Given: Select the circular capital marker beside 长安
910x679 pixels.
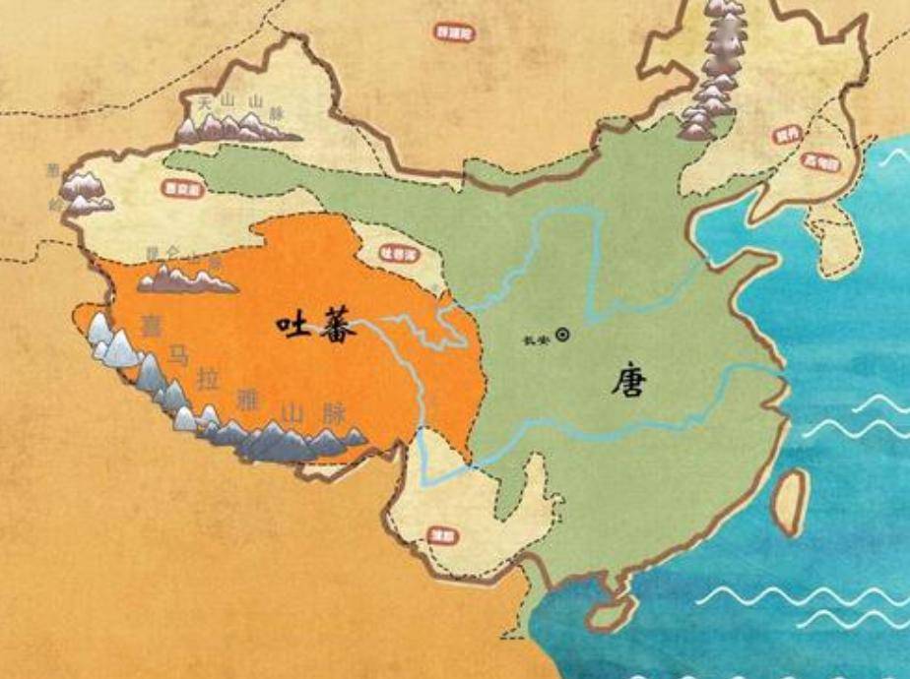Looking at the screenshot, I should [563, 334].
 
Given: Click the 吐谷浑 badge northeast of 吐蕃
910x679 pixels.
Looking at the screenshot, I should [396, 253].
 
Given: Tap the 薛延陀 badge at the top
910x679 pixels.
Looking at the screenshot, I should [453, 31].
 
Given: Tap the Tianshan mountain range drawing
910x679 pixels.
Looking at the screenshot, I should [236, 126].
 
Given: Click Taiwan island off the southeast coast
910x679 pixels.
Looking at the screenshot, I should [790, 500].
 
